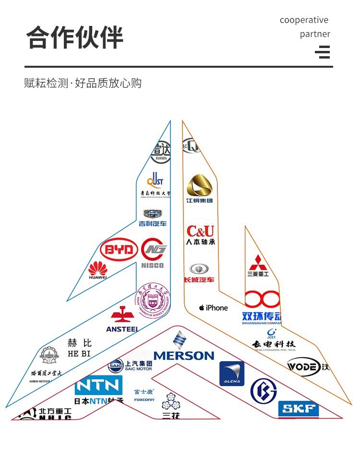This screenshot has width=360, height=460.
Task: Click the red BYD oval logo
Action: (119, 250)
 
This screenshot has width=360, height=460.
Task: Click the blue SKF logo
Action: (299, 409)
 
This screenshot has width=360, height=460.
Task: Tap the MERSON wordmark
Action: (183, 355)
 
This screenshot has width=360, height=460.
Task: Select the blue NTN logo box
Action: (98, 385)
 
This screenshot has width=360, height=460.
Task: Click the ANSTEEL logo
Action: (122, 321)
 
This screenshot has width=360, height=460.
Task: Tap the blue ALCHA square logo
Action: (232, 374)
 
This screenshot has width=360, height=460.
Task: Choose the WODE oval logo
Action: (303, 368)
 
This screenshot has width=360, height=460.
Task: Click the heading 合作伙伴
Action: (74, 38)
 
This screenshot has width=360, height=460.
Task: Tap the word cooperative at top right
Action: (304, 20)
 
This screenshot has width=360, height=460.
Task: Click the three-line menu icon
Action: (323, 51)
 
